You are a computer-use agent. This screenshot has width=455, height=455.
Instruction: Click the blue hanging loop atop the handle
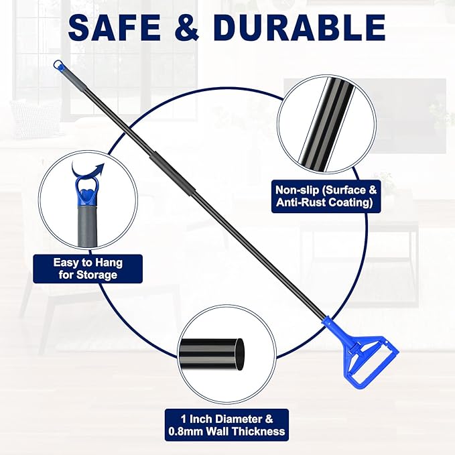[58, 66]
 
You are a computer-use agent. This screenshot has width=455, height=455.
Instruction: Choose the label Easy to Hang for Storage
[88, 268]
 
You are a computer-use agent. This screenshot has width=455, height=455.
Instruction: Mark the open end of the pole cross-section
[240, 352]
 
